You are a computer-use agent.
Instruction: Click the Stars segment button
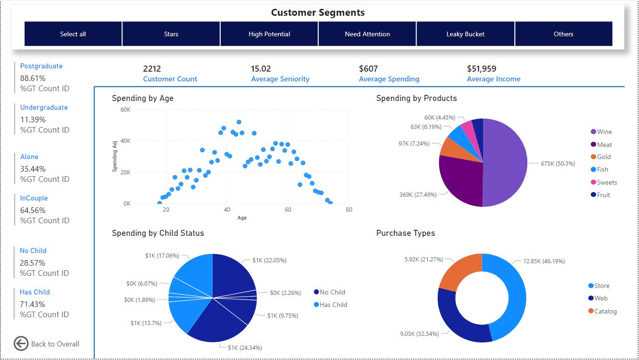[x=171, y=34]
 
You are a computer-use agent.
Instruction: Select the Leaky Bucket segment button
[x=465, y=34]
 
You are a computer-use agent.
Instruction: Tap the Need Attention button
[x=367, y=34]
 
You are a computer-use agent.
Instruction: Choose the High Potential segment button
[x=269, y=34]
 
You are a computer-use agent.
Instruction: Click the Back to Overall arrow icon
[x=21, y=344]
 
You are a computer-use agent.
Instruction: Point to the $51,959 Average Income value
[x=481, y=69]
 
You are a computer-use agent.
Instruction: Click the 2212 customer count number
[x=152, y=69]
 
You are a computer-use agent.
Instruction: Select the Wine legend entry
[x=604, y=132]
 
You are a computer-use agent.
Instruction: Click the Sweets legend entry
[x=606, y=182]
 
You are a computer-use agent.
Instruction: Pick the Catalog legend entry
[x=605, y=311]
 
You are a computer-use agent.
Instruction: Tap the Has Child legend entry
[x=333, y=305]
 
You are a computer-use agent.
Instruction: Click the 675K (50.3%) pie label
[x=558, y=164]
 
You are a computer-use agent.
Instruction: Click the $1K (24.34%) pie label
[x=244, y=347]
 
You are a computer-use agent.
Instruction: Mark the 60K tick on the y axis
[x=125, y=110]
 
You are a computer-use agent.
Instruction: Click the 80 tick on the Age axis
[x=349, y=210]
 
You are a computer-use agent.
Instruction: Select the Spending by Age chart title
[x=142, y=98]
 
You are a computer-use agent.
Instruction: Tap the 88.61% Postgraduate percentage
[x=33, y=78]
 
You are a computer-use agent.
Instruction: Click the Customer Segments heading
[x=318, y=13]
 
